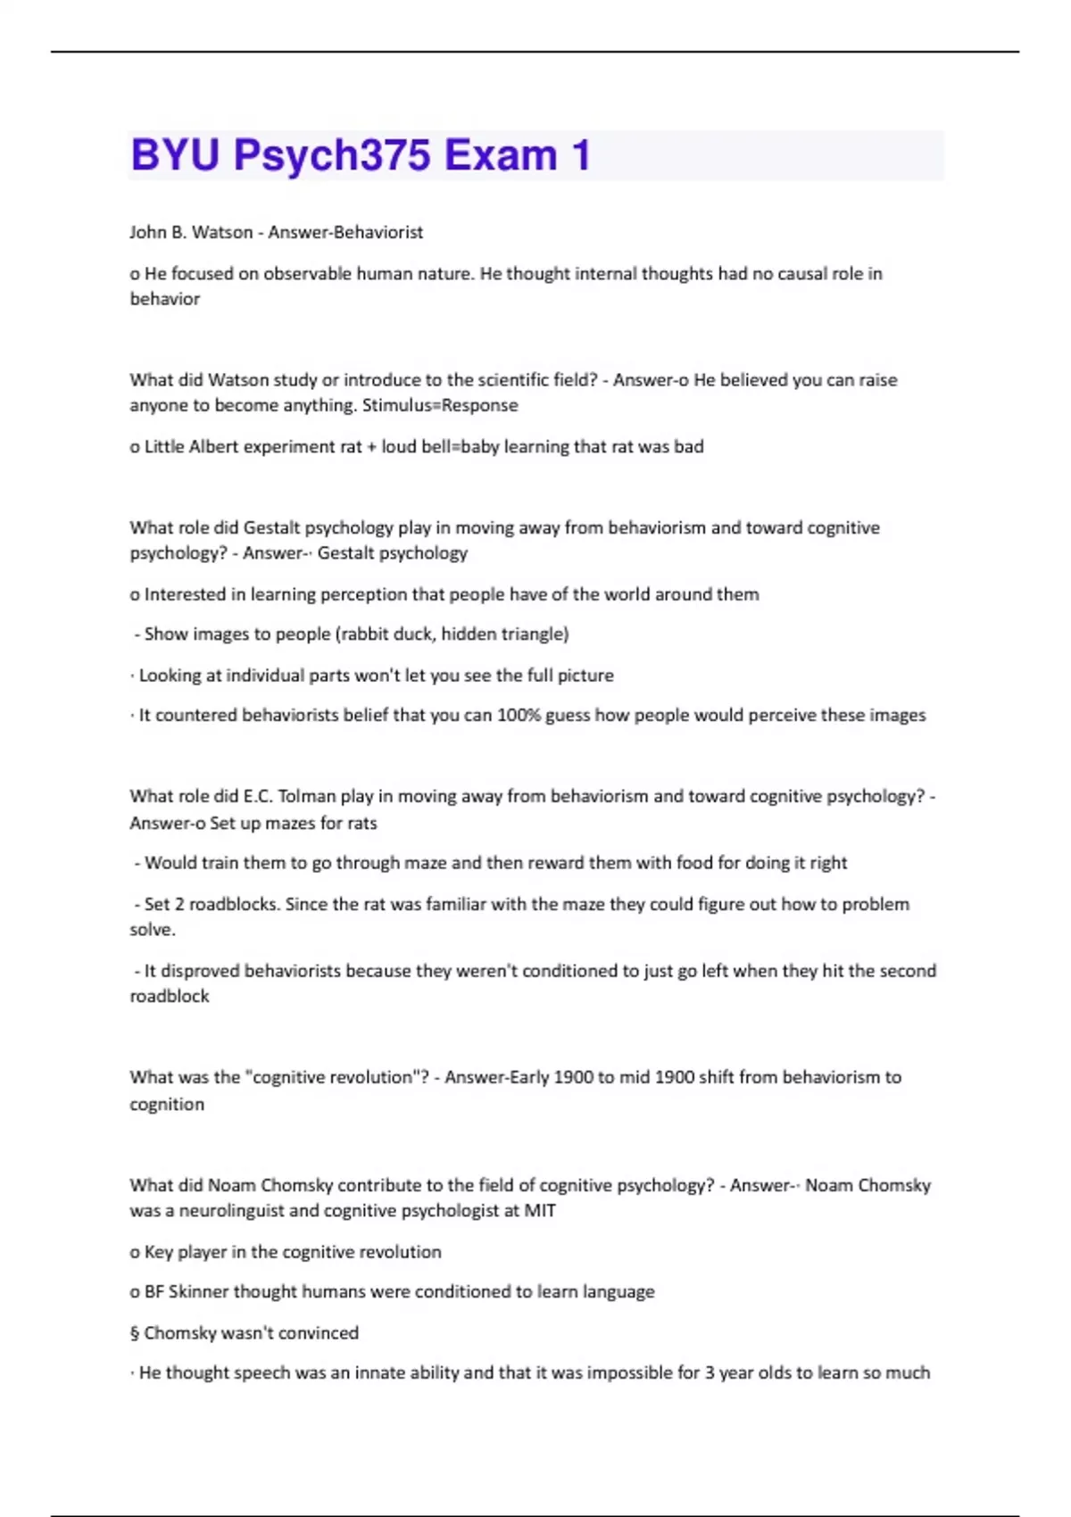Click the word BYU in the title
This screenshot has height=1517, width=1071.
pos(175,155)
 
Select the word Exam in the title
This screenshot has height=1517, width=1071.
pos(501,155)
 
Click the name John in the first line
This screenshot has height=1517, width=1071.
pos(147,232)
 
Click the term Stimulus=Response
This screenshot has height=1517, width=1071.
pos(440,405)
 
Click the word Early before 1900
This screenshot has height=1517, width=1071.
pos(528,1077)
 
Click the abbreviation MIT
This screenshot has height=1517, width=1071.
pos(540,1211)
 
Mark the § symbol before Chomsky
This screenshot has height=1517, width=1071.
pos(135,1333)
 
